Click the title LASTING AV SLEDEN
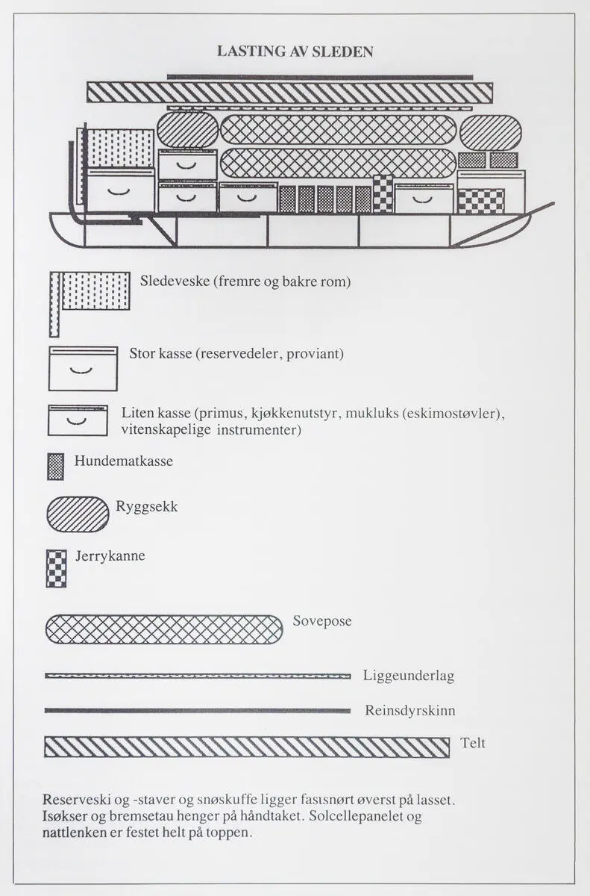(x=295, y=52)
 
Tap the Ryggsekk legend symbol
(x=78, y=514)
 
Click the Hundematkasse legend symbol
(x=56, y=466)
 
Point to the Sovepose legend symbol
(x=164, y=629)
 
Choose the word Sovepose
(x=321, y=621)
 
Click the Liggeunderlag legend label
(x=409, y=676)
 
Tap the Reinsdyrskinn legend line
(x=198, y=710)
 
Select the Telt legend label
(x=473, y=743)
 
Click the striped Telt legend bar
(x=247, y=747)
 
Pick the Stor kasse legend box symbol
(x=83, y=368)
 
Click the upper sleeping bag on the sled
(x=338, y=130)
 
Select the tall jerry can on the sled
(x=383, y=193)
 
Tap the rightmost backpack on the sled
(x=490, y=133)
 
